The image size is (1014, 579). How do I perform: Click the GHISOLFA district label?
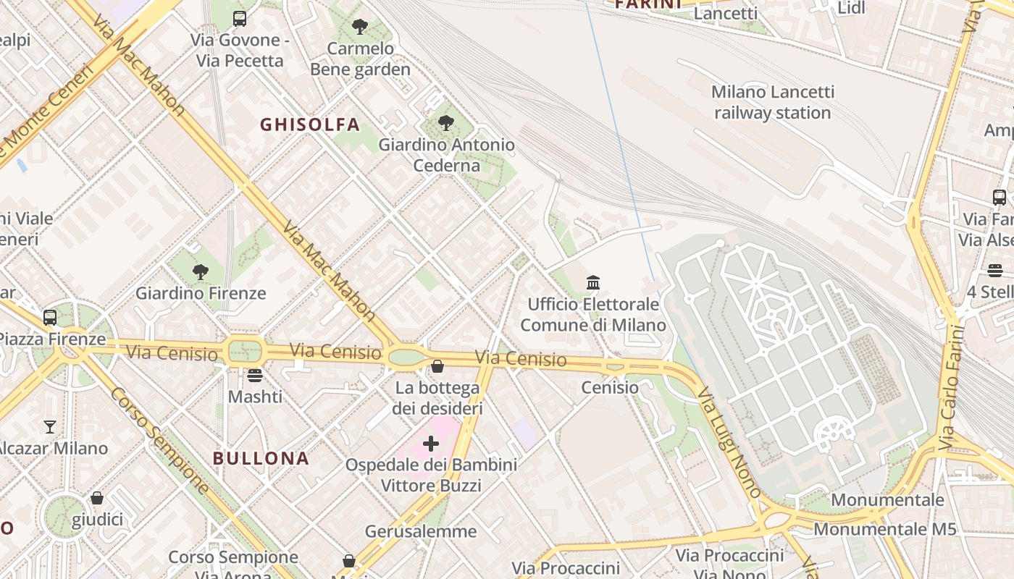pyautogui.click(x=310, y=124)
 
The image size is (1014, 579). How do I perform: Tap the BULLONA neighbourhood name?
pyautogui.click(x=261, y=458)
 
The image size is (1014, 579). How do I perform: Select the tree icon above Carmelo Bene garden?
pyautogui.click(x=359, y=28)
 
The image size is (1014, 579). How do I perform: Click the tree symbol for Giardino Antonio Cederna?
pyautogui.click(x=446, y=123)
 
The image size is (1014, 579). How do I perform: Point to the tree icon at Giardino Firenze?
pyautogui.click(x=201, y=272)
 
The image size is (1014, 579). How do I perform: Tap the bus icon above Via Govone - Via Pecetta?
pyautogui.click(x=240, y=19)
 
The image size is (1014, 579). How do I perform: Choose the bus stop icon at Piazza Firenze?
pyautogui.click(x=50, y=317)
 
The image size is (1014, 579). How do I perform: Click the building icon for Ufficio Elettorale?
pyautogui.click(x=593, y=282)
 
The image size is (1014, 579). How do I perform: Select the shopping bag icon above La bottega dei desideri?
pyautogui.click(x=437, y=367)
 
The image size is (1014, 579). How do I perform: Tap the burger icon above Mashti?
pyautogui.click(x=255, y=375)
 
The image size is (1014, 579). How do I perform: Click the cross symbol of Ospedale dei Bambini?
pyautogui.click(x=431, y=443)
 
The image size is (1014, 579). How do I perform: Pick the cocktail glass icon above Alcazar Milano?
pyautogui.click(x=50, y=426)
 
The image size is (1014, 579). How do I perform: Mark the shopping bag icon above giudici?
pyautogui.click(x=97, y=498)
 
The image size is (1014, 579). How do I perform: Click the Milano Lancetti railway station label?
pyautogui.click(x=773, y=103)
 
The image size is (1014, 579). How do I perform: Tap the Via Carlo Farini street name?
pyautogui.click(x=953, y=387)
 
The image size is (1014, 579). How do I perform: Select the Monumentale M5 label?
pyautogui.click(x=885, y=529)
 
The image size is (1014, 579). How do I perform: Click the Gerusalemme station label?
pyautogui.click(x=421, y=532)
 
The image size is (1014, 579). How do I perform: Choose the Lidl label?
pyautogui.click(x=851, y=8)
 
